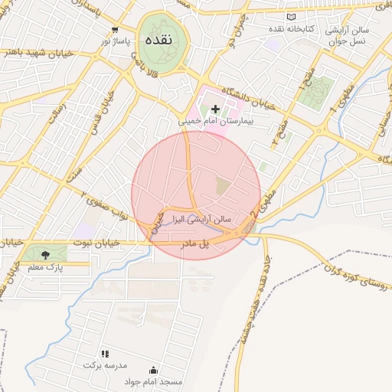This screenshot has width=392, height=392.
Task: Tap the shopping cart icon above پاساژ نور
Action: [115, 29]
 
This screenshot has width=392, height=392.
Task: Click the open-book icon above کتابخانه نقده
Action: [291, 17]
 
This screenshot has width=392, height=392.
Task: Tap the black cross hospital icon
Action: [215, 109]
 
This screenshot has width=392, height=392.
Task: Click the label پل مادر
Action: [194, 243]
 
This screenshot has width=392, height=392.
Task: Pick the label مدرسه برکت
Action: [105, 365]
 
